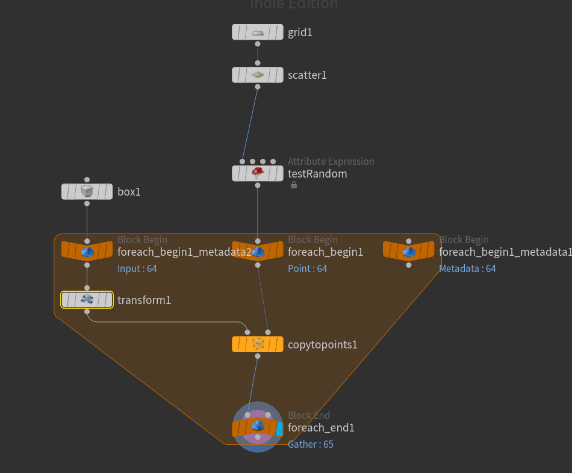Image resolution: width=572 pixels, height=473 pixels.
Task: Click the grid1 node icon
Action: (258, 32)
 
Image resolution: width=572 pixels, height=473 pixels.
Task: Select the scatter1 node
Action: (258, 75)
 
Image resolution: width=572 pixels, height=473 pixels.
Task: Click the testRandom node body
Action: (258, 174)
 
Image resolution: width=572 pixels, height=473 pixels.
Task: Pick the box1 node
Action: (87, 192)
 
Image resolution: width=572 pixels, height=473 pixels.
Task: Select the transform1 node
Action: (87, 300)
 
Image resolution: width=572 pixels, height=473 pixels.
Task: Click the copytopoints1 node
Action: (258, 344)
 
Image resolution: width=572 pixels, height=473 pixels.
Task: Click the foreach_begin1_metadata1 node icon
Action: (409, 251)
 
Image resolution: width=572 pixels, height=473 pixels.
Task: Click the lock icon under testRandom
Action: (294, 185)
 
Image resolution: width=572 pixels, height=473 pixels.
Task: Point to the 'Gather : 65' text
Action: (311, 444)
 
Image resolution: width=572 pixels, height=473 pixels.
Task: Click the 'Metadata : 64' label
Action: (467, 268)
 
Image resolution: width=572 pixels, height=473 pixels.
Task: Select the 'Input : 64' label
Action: (137, 268)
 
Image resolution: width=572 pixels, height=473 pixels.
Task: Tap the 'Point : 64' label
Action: (308, 268)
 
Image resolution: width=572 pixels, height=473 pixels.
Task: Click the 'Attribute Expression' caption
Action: (331, 161)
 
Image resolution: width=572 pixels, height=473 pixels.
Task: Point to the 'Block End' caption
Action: (309, 415)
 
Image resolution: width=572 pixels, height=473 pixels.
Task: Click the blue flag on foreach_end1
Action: (279, 428)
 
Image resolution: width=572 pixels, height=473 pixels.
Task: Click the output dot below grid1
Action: (258, 44)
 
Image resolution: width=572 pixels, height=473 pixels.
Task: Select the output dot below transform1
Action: (87, 312)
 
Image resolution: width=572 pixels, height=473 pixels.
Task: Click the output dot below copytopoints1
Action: (258, 356)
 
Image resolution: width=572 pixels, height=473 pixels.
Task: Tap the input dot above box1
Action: (87, 179)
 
